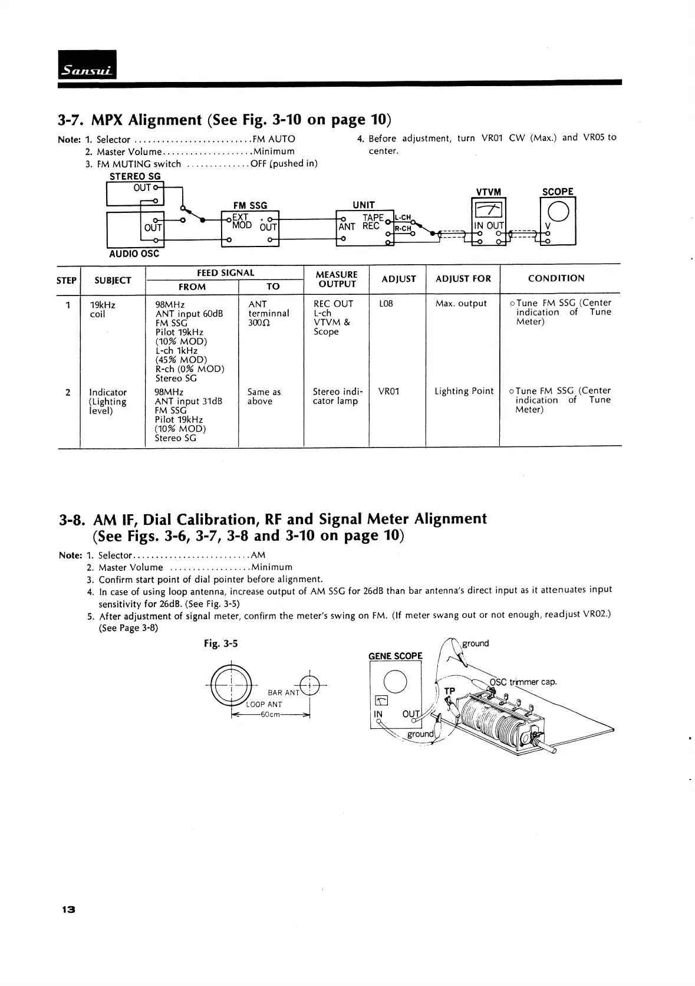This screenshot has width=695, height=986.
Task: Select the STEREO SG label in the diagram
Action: (x=135, y=176)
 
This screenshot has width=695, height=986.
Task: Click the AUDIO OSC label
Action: (x=134, y=254)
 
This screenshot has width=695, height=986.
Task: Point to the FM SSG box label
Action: (x=250, y=205)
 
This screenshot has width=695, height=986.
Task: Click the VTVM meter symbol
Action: (x=489, y=209)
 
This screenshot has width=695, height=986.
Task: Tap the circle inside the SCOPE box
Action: (x=558, y=210)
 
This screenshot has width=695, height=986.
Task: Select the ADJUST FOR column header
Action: (x=463, y=279)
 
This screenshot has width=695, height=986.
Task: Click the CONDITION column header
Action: (x=556, y=278)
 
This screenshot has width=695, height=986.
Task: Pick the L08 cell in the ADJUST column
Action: (x=386, y=304)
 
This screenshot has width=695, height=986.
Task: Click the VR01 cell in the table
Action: (x=388, y=392)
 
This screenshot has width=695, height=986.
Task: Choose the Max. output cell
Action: (x=461, y=304)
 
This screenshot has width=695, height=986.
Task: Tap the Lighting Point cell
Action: (x=464, y=391)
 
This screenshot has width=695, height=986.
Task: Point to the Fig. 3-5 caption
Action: (x=221, y=643)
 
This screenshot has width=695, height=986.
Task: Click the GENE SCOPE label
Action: (x=396, y=656)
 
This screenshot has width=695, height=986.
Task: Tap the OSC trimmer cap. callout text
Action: (x=523, y=682)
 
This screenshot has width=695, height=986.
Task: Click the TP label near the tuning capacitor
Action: (x=450, y=691)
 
